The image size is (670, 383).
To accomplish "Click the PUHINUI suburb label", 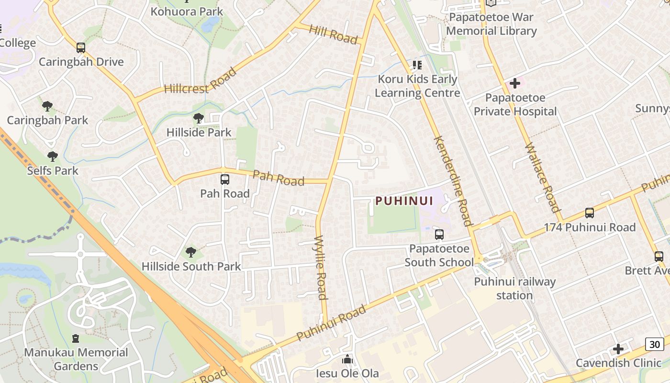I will coord(404,201).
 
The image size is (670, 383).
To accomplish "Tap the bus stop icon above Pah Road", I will coord(224,180).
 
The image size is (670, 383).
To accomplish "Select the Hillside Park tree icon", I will coord(198,118).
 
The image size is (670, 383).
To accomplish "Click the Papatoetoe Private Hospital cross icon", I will coord(514,83).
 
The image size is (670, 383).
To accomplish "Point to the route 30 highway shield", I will coord(654,344).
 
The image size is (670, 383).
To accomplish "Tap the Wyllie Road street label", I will coord(321,267).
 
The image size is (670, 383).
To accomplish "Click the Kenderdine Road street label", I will coord(453,181).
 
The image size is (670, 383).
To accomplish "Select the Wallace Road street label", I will coord(542,177).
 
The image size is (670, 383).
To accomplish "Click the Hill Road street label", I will coord(334,34).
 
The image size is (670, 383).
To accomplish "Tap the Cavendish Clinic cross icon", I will coord(618,349).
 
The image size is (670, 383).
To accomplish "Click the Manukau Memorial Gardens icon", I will coord(75,338).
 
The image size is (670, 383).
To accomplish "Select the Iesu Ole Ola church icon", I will coord(347,359).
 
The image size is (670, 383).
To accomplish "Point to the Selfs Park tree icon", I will coord(52,156).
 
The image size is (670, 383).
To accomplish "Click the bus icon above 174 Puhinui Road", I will coord(589,213).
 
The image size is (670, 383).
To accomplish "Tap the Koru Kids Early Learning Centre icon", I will coord(417,65).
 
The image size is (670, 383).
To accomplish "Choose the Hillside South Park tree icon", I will coord(190,252).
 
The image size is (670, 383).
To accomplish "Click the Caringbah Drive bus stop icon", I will coord(81,48).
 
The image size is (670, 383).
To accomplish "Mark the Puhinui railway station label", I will coord(514,288).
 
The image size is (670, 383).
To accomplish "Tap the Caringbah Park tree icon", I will coord(47,106).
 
